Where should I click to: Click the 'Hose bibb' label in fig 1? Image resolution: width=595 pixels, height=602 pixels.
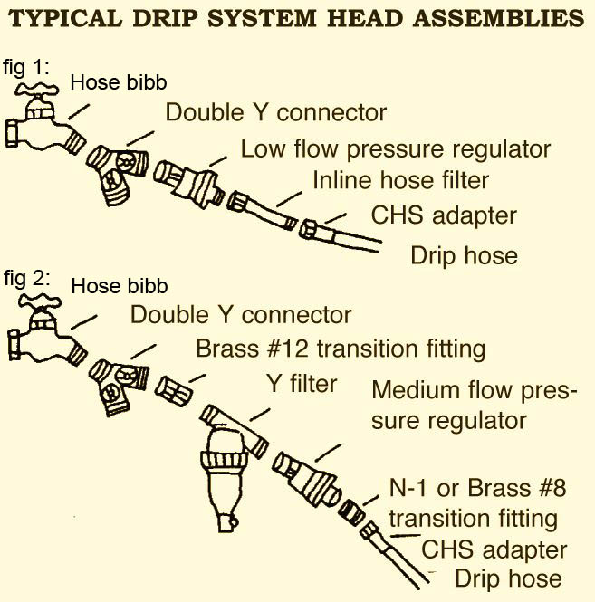point(120,83)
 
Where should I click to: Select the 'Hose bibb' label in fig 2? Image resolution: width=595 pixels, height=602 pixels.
point(120,287)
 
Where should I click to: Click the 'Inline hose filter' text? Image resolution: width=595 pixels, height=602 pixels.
point(400,180)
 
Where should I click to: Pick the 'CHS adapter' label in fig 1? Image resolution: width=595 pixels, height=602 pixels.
point(444,215)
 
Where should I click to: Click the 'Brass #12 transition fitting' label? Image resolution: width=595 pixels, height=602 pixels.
point(341,349)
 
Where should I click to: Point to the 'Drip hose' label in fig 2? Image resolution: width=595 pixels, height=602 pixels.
point(507,578)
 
